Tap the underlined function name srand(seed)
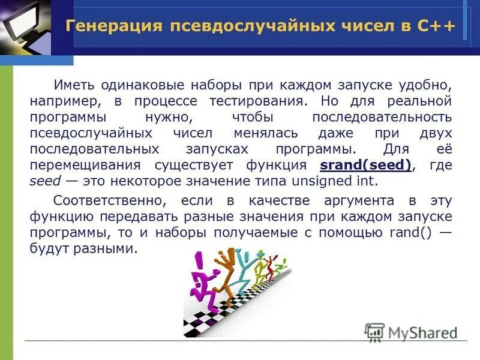pos(366,166)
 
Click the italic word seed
pos(41,182)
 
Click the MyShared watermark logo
pos(410,331)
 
